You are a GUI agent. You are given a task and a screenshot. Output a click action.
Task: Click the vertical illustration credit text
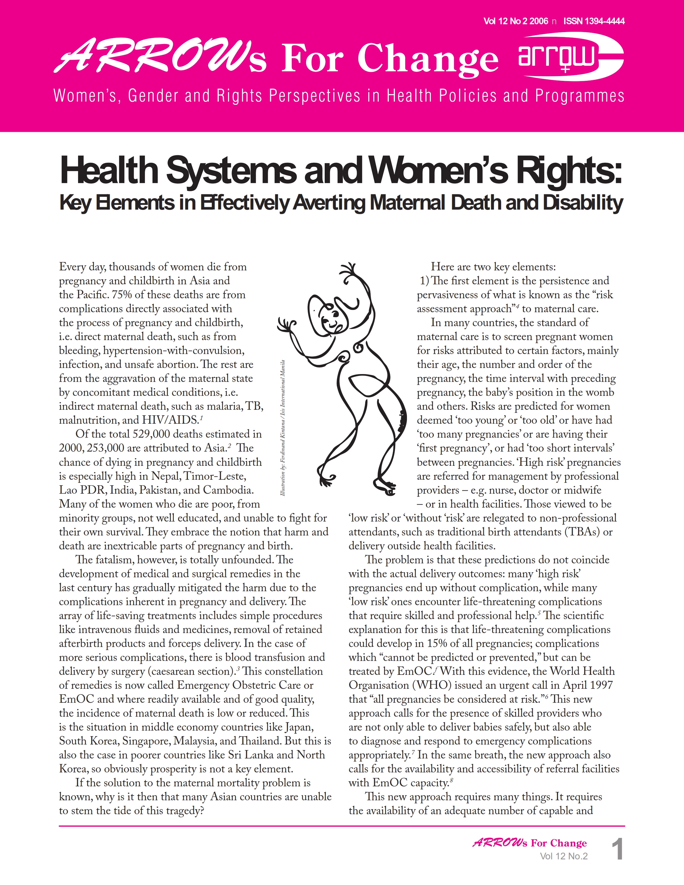pyautogui.click(x=283, y=428)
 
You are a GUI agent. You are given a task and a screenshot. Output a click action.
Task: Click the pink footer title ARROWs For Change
pyautogui.click(x=529, y=843)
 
